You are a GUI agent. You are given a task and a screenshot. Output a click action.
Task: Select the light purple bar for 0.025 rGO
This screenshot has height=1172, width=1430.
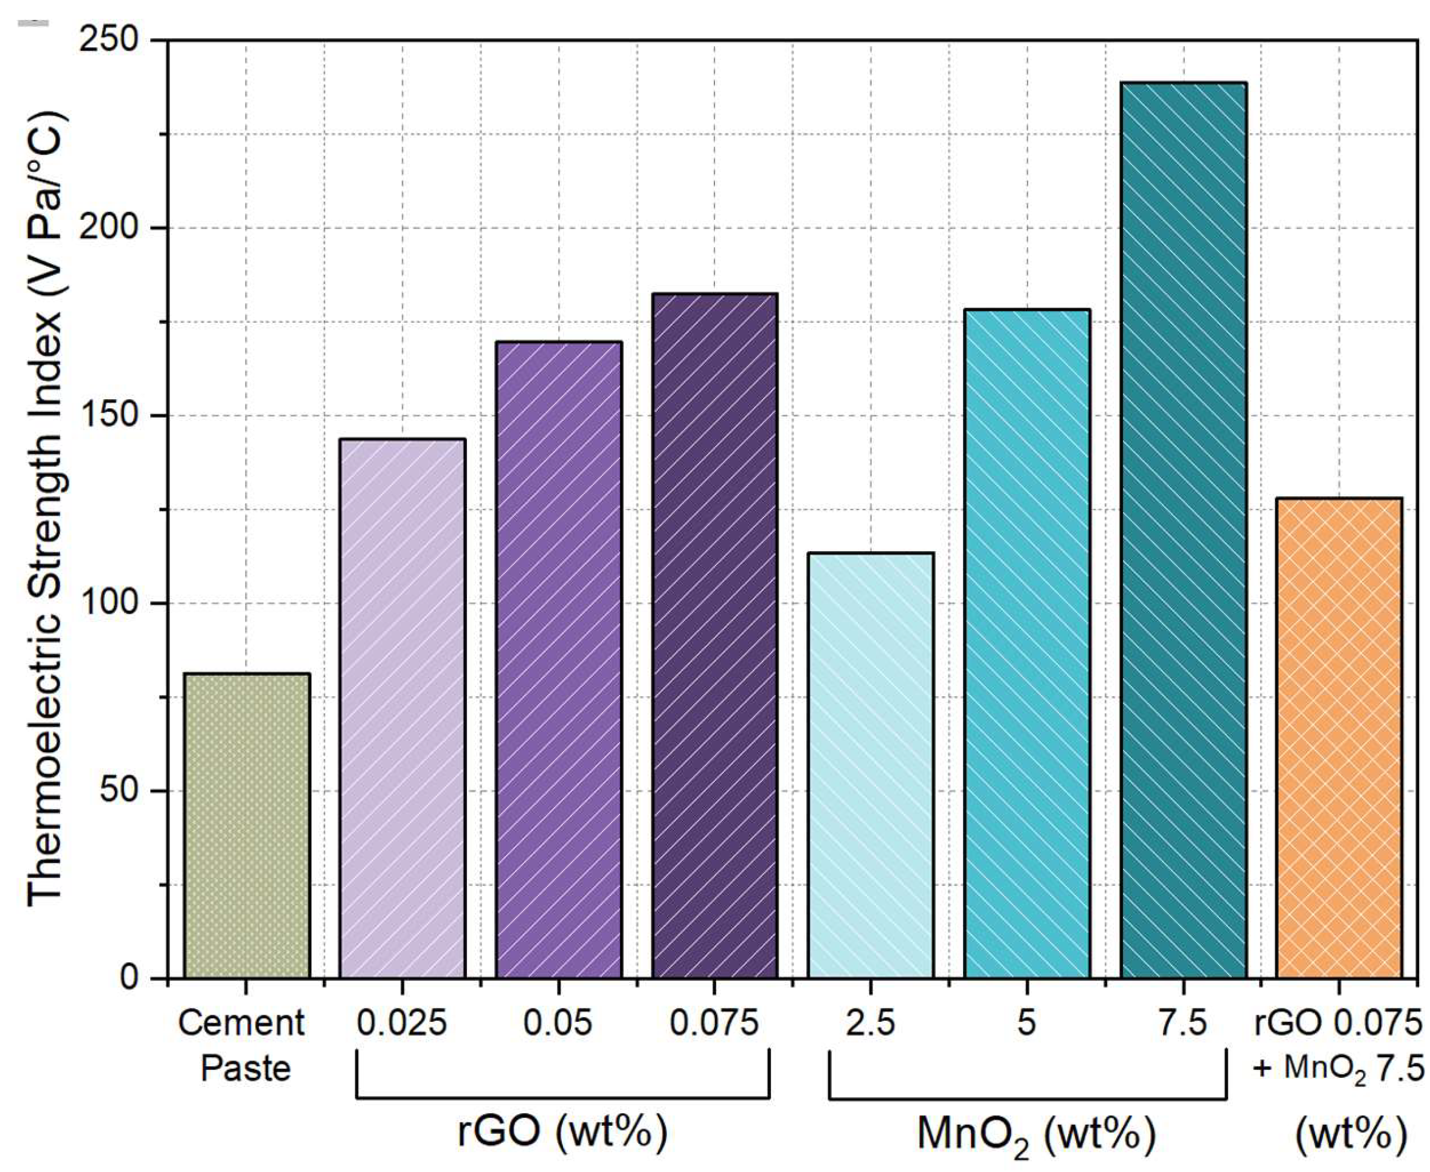tap(402, 709)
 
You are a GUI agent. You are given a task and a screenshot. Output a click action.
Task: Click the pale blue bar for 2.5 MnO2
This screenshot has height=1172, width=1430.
tap(871, 766)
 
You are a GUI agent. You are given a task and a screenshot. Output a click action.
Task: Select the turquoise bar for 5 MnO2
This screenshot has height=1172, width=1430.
tap(1027, 644)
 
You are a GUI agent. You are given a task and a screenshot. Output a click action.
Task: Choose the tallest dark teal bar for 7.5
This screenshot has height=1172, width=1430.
tap(1183, 530)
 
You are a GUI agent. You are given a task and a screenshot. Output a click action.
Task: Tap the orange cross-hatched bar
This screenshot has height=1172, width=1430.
tap(1339, 739)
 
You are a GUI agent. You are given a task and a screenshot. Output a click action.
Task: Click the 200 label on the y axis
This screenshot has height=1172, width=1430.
tap(108, 228)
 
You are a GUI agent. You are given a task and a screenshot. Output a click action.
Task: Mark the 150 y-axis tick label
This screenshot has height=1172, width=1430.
tap(108, 416)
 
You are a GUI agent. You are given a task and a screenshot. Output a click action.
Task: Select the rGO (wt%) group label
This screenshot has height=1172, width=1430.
tap(562, 1131)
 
